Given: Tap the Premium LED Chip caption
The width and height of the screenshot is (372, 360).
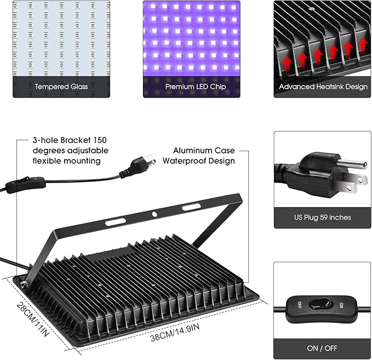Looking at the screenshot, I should coord(191,87).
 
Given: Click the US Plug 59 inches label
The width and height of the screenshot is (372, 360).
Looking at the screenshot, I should coord(322,218).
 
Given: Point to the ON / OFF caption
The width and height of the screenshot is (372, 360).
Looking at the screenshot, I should coord(322,348).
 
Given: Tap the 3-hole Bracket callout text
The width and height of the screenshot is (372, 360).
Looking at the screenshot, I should coord(62,150).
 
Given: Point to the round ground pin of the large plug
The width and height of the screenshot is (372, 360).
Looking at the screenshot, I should coord(353,163).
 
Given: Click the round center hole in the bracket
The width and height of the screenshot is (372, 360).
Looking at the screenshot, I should coord(155,214).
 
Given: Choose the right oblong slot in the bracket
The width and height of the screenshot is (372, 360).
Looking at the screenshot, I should coord(191,207).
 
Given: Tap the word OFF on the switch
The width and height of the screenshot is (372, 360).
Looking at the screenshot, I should coord(299,304).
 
